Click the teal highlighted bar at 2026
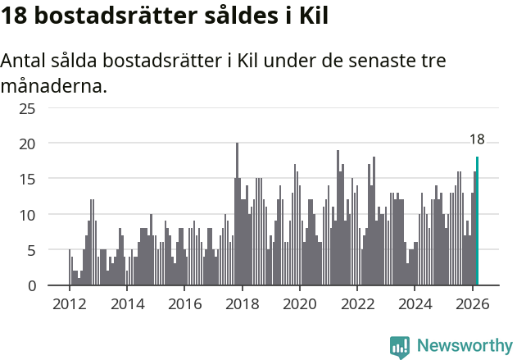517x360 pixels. coord(477,221)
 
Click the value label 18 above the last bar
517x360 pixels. coord(477,139)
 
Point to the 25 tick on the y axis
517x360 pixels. coord(50,108)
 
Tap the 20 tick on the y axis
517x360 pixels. coord(50,144)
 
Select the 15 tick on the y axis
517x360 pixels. coord(50,179)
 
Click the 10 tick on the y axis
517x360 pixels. coord(50,215)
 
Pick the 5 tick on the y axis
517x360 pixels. coord(54,250)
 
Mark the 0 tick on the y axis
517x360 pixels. coord(54,285)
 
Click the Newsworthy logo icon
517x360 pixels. coord(400,346)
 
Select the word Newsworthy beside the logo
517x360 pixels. coord(464,346)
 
